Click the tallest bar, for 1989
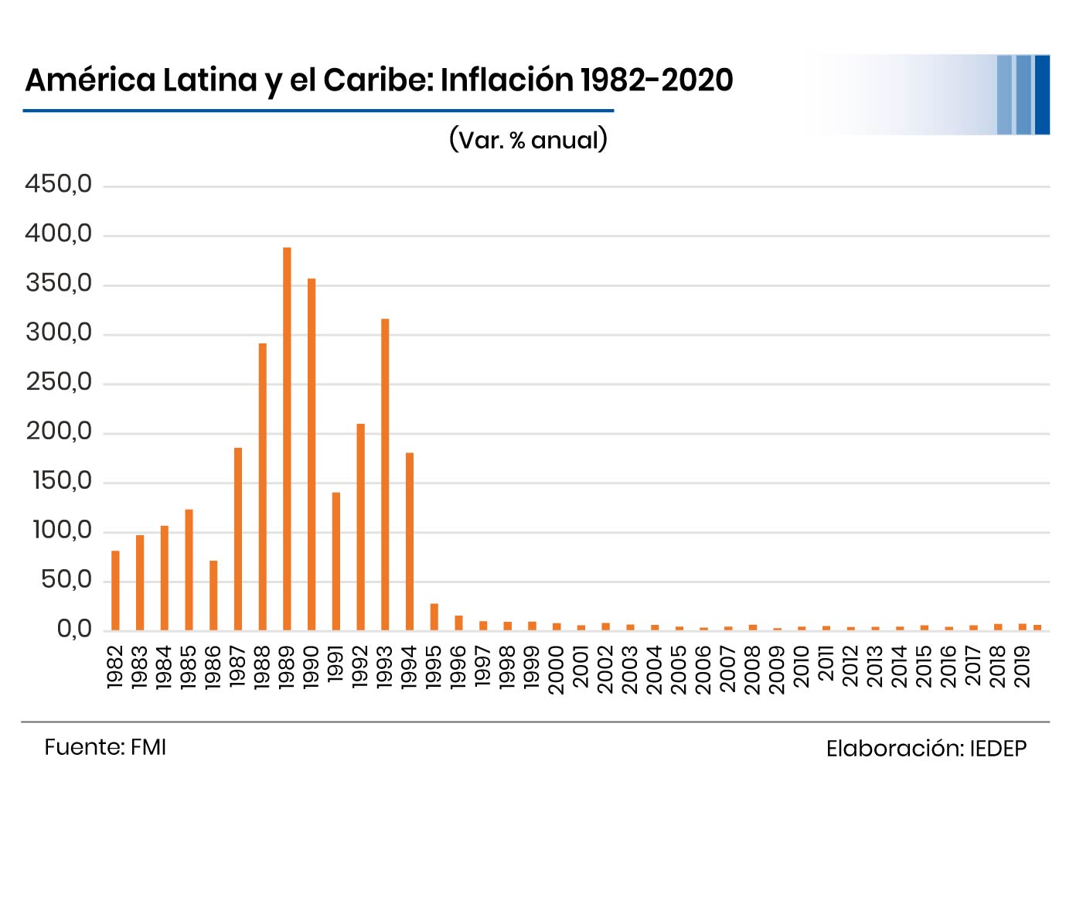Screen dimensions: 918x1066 tap(287, 439)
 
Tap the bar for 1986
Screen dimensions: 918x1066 tap(213, 595)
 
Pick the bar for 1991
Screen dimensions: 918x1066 tap(336, 561)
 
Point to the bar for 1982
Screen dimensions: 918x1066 tap(115, 590)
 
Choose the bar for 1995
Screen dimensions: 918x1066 tap(434, 616)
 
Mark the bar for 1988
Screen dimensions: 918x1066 tap(262, 486)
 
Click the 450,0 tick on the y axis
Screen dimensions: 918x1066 tap(59, 185)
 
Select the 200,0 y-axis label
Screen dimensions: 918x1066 tap(59, 432)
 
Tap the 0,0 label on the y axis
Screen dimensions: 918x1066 tap(74, 630)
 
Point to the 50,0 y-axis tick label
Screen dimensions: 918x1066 tap(66, 580)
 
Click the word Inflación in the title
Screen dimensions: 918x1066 tap(507, 80)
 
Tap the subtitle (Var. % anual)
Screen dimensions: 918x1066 tap(528, 139)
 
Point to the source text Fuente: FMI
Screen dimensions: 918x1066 tap(105, 747)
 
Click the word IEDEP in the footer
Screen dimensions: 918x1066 tap(998, 749)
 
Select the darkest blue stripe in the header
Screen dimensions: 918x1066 tap(1042, 94)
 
